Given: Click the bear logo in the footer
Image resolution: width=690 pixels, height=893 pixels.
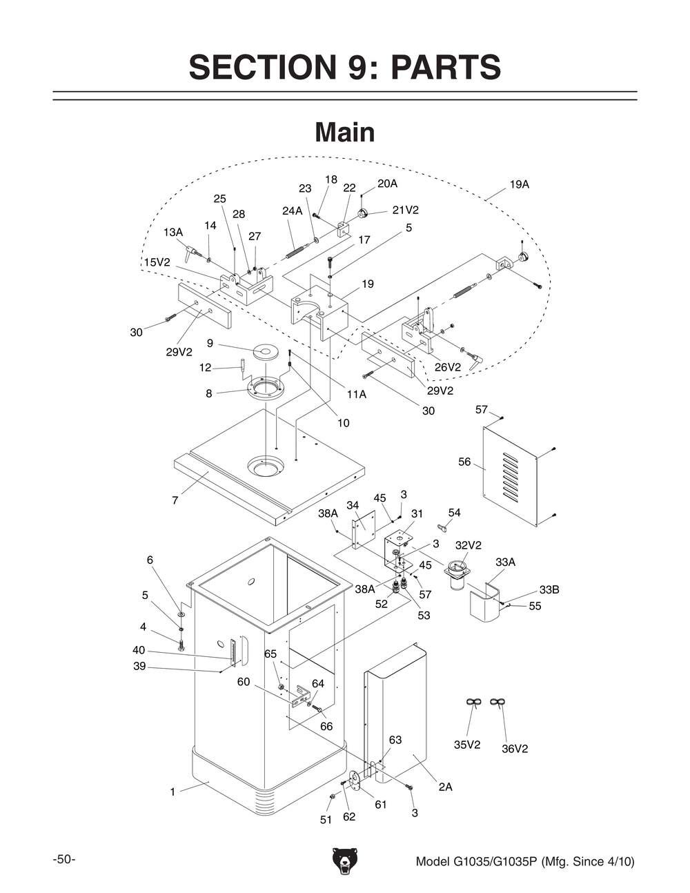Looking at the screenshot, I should [x=345, y=861].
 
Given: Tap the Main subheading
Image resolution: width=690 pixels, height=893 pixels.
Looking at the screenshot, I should [x=344, y=133].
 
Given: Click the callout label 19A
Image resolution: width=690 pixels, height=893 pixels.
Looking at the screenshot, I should [x=520, y=185].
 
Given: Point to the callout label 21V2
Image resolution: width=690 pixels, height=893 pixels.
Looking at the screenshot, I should [x=405, y=210].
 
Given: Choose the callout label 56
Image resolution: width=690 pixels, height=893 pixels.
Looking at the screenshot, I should [x=464, y=462].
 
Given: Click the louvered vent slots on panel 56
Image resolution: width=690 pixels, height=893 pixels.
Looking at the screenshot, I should [x=509, y=476].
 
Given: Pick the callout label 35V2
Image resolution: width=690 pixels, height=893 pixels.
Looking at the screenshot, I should [x=467, y=745].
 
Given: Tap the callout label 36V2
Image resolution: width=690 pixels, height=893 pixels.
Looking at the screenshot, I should [x=514, y=749].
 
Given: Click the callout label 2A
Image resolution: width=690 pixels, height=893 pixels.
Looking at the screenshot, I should [x=446, y=787].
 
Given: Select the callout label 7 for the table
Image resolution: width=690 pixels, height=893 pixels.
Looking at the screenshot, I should [x=175, y=500].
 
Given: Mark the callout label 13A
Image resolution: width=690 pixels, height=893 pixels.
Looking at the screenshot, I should [x=173, y=233].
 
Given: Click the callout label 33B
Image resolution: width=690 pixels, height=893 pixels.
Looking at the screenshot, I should [x=549, y=590].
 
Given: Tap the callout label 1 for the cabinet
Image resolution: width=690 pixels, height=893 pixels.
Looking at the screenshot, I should [x=172, y=792].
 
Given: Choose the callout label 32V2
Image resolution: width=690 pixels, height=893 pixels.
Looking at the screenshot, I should [x=469, y=545].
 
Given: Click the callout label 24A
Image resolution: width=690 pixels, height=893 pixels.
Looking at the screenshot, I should [x=293, y=211].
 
